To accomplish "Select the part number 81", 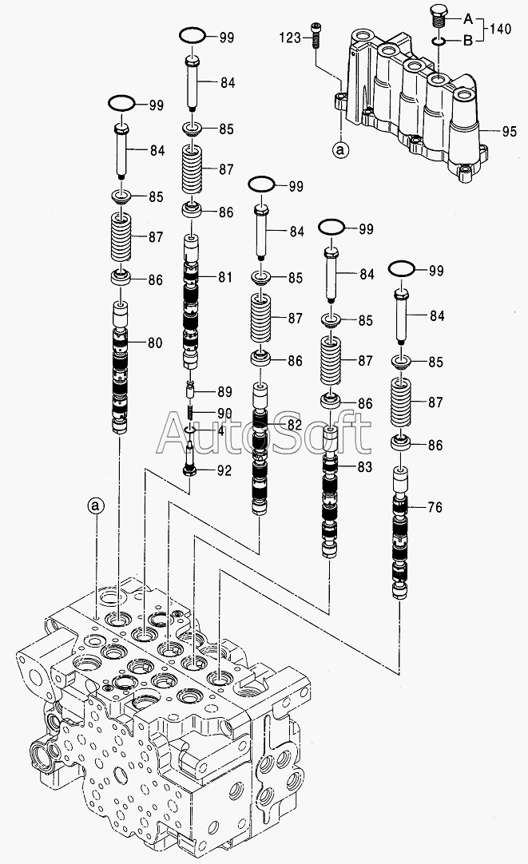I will (x=224, y=277).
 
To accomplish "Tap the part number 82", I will (x=295, y=424).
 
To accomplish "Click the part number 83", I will (x=364, y=466).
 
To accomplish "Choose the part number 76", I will (x=435, y=506).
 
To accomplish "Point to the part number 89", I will (x=224, y=391).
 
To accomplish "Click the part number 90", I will (x=224, y=412).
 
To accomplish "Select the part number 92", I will (x=224, y=470).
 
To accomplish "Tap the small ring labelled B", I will (x=437, y=40).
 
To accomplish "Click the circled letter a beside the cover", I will (x=341, y=149).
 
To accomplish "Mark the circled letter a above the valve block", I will (x=96, y=505).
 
